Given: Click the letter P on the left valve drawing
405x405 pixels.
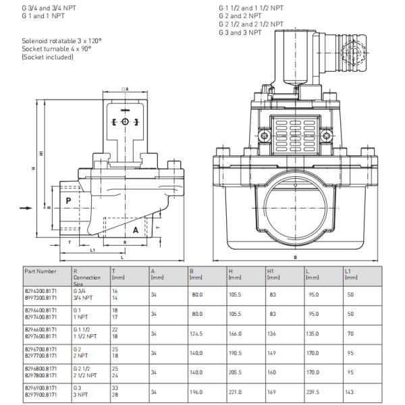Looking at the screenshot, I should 68,200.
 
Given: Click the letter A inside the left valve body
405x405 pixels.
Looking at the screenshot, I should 135,230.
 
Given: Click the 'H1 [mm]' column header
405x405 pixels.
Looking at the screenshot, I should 273,273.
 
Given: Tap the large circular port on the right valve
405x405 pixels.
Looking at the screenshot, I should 296,206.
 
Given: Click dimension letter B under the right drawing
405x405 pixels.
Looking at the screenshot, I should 296,257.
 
